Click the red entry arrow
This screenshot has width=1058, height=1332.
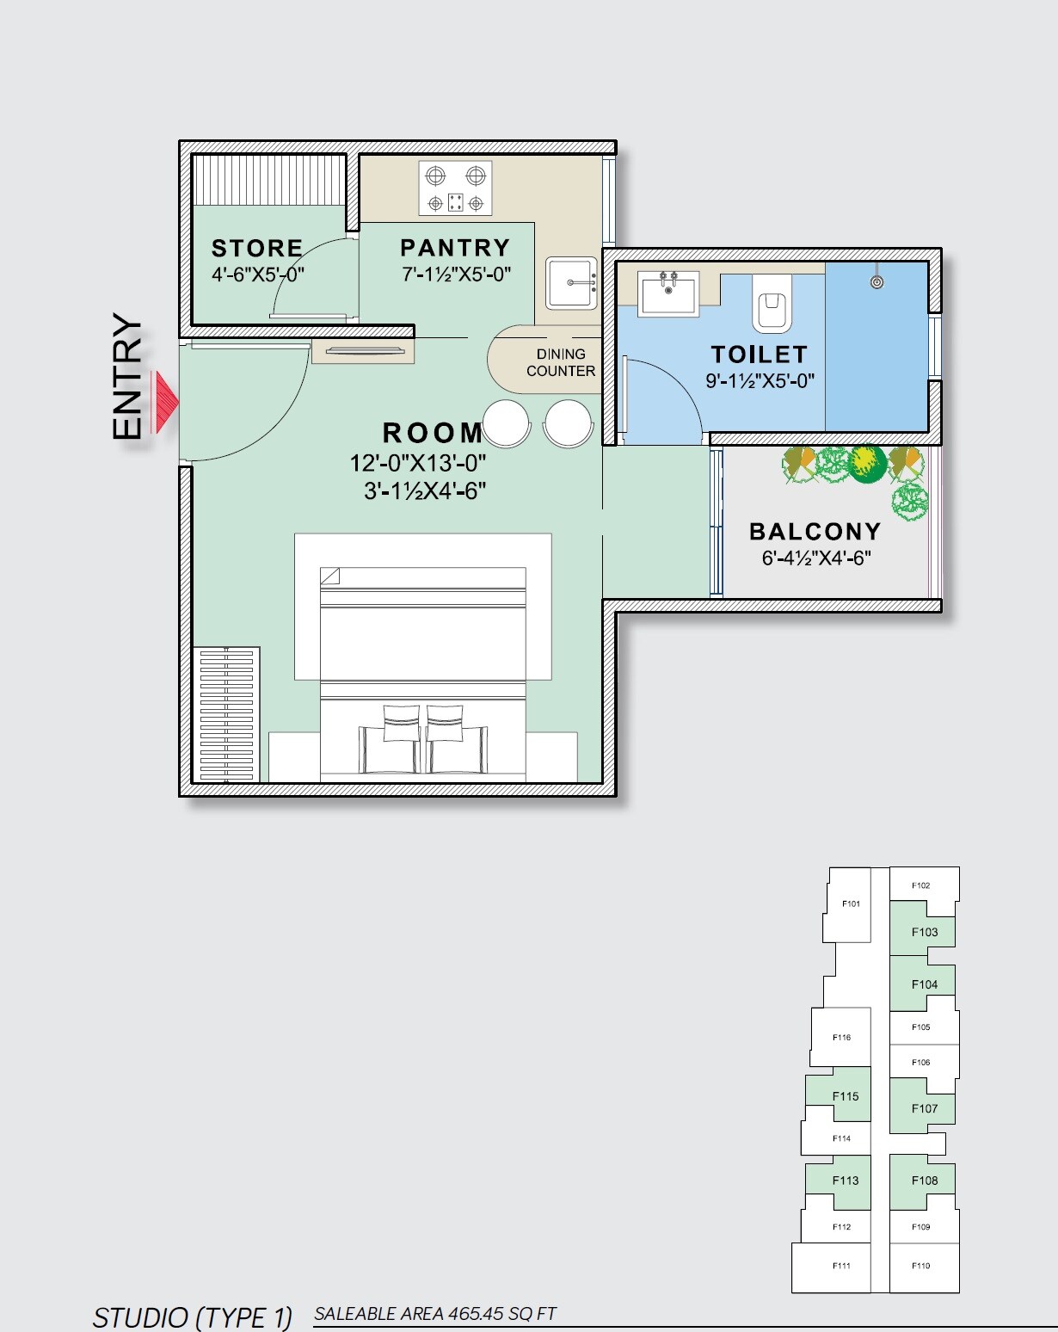click(x=164, y=402)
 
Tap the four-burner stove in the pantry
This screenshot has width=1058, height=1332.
click(x=455, y=188)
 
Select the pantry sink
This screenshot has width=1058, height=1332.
click(x=571, y=282)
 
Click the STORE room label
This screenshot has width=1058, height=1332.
click(x=257, y=249)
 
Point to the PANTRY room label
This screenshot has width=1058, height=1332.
click(x=455, y=248)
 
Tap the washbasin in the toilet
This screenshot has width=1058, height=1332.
click(x=667, y=292)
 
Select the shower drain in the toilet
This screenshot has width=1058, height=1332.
click(x=877, y=281)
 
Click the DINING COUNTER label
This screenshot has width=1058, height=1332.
click(x=561, y=362)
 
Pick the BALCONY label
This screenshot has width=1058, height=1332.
click(x=815, y=532)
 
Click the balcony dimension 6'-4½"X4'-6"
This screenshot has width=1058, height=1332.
click(x=816, y=558)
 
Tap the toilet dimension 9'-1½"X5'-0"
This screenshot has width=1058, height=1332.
click(x=760, y=381)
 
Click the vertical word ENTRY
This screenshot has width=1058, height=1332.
click(x=127, y=377)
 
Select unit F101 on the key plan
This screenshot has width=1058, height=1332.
click(x=851, y=903)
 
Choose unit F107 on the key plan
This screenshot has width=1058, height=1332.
click(x=924, y=1108)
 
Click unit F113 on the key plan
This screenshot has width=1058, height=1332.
click(x=845, y=1181)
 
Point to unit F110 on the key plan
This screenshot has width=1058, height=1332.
click(x=920, y=1266)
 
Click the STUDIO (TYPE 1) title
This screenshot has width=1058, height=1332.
click(x=193, y=1317)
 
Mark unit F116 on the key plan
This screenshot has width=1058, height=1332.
click(x=841, y=1037)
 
